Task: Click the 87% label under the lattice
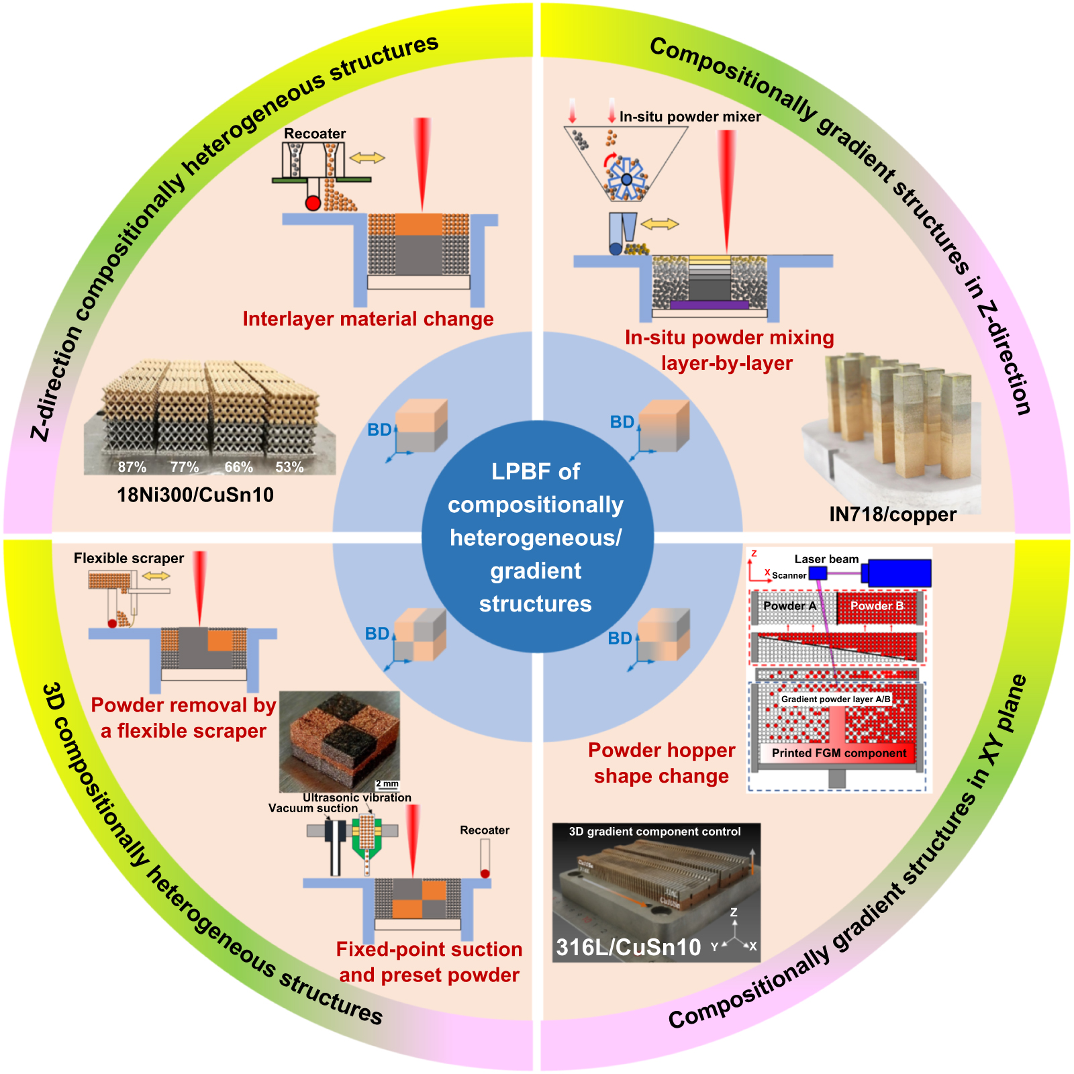(x=132, y=467)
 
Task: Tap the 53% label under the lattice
(x=289, y=467)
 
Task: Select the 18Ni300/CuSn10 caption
(x=195, y=495)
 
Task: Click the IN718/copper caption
(x=893, y=514)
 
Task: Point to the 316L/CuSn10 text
(x=628, y=947)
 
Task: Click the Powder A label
(x=790, y=606)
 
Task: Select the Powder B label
(x=877, y=606)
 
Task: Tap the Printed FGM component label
(x=839, y=753)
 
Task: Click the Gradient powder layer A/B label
(x=836, y=699)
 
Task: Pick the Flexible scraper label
(x=129, y=558)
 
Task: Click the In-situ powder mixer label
(x=690, y=117)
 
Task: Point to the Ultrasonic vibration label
(x=357, y=797)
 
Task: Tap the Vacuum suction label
(x=313, y=808)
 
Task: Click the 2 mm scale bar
(x=387, y=784)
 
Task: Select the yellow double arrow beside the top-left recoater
(x=367, y=158)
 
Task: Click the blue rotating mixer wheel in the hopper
(x=626, y=179)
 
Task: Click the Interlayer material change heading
(x=368, y=319)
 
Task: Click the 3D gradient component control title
(x=654, y=832)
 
